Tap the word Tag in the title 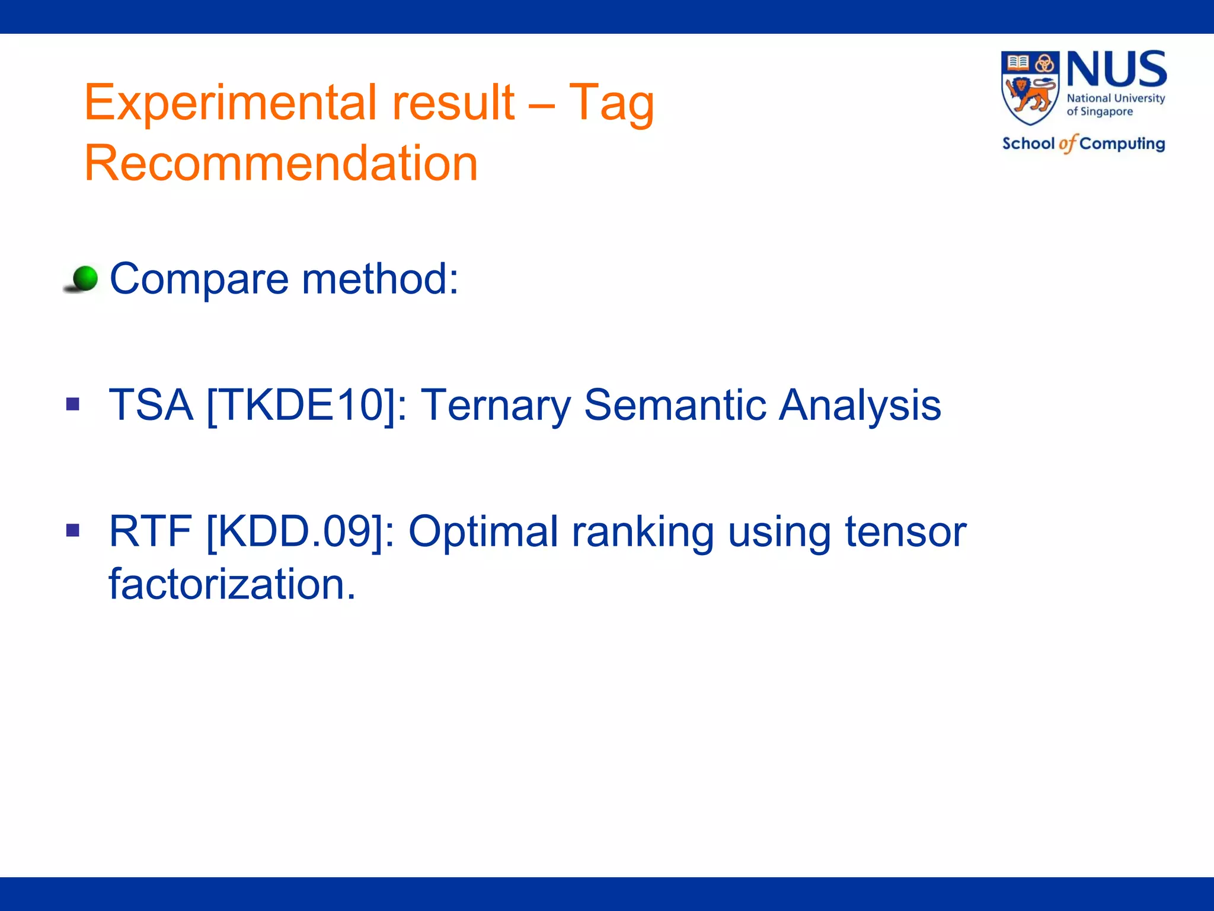coord(611,103)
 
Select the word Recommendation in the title coord(281,163)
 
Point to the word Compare coord(199,278)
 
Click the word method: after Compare coord(380,278)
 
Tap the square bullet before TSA coord(73,405)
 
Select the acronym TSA coord(151,405)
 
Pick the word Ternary coord(496,405)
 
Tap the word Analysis coord(860,405)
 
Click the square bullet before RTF coord(73,530)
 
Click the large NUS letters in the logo coord(1117,70)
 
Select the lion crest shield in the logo coord(1030,88)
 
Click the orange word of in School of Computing coord(1067,144)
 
